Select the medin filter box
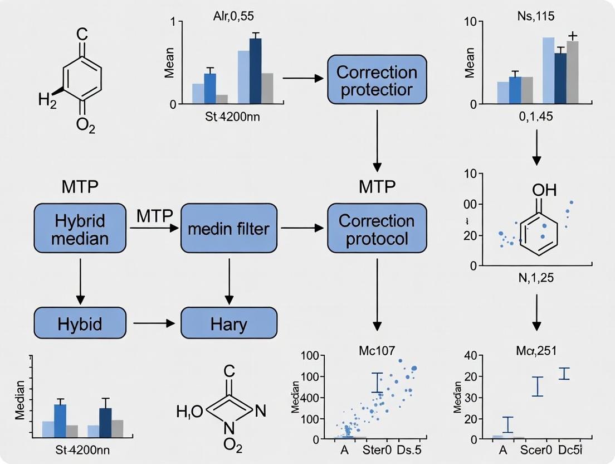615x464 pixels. point(228,228)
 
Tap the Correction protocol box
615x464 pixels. point(377,230)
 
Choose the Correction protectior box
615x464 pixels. point(377,81)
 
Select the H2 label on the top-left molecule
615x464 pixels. point(47,101)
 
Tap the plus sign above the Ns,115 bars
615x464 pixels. point(572,36)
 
